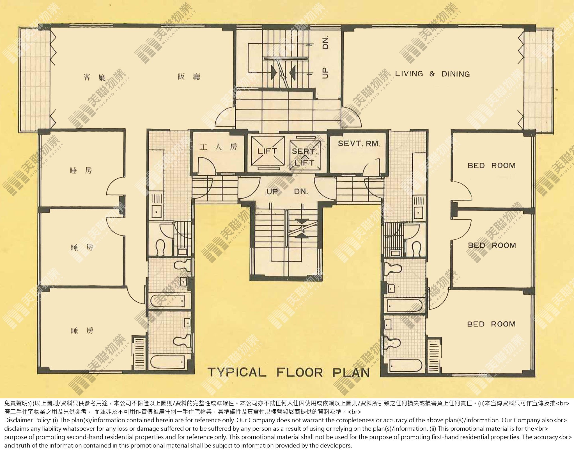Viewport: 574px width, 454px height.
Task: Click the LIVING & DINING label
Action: (x=432, y=74)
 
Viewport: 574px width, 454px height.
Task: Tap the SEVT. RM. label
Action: (x=359, y=144)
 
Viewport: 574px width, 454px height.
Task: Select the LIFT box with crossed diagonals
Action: (x=268, y=151)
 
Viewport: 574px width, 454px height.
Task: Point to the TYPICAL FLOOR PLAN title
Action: (x=289, y=373)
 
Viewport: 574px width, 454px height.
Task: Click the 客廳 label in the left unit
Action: (x=95, y=77)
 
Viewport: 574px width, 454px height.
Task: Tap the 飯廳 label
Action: (x=189, y=76)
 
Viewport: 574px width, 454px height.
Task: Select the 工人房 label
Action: (x=218, y=147)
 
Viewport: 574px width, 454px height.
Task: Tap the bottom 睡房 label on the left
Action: (x=82, y=331)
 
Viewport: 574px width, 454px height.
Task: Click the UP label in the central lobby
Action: (x=272, y=192)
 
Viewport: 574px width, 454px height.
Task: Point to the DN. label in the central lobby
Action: (x=301, y=192)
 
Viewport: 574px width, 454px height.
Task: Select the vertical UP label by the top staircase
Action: (x=325, y=72)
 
